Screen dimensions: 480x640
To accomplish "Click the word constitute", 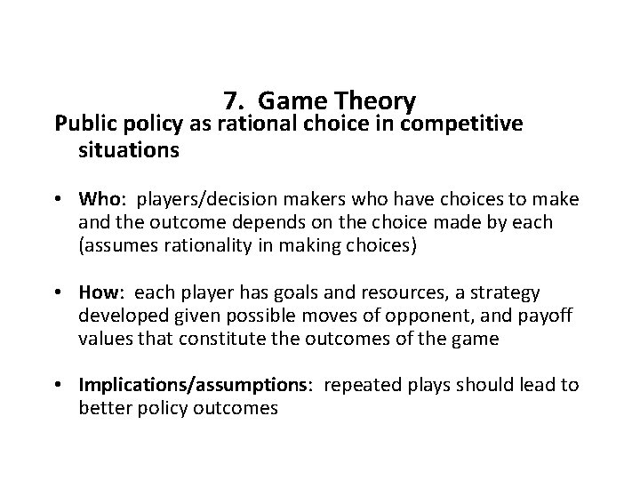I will tap(222, 338).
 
